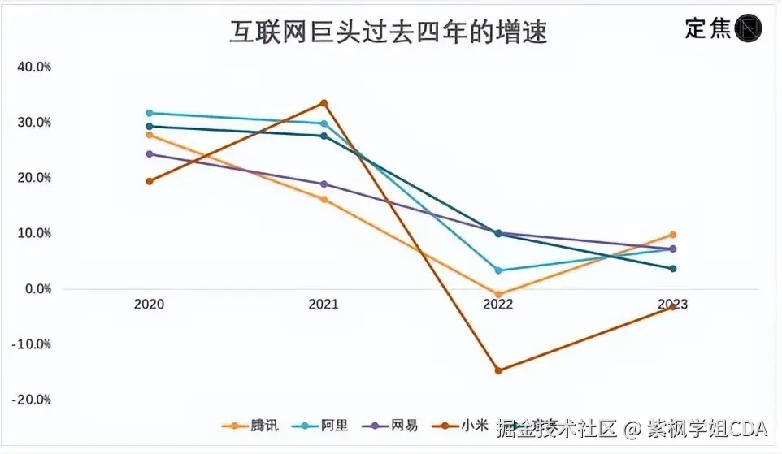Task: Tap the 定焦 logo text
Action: pos(708,29)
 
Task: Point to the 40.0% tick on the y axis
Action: pos(34,67)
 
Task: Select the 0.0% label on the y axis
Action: pos(37,289)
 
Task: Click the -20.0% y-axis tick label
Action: pos(33,400)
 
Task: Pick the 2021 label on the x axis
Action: pos(324,305)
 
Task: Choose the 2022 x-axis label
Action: pos(498,305)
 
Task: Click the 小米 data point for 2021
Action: pos(324,103)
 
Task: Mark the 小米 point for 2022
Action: pos(498,370)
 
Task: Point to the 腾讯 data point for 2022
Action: pos(498,294)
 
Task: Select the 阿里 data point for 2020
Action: pos(150,113)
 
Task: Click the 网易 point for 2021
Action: pos(324,184)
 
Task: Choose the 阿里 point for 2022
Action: pos(498,270)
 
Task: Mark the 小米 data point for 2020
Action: pos(150,181)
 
